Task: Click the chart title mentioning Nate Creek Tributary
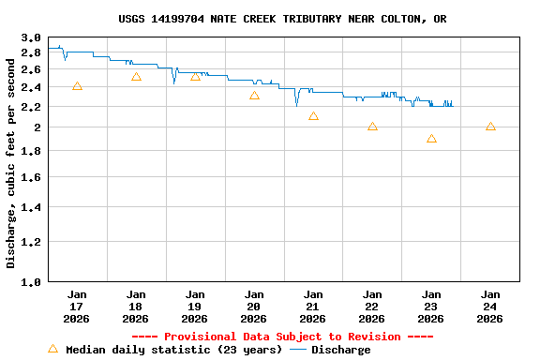(282, 19)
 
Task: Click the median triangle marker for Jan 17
(77, 86)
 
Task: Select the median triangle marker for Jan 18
(136, 77)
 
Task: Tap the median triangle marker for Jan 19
(195, 76)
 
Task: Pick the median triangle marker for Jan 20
(254, 96)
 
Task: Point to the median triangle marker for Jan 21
(313, 116)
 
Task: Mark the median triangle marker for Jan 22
(372, 127)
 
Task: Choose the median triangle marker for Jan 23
(431, 139)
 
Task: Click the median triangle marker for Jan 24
(490, 127)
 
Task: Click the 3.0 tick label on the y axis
(31, 38)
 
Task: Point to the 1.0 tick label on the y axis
(31, 281)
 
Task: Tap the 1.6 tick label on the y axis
(31, 177)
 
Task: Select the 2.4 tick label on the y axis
(31, 87)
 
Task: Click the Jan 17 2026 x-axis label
(77, 306)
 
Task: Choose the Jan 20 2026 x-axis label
(254, 306)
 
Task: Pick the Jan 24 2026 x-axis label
(490, 306)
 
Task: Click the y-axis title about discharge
(11, 159)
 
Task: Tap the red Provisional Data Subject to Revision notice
(282, 337)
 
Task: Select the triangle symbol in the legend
(52, 349)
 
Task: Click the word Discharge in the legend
(340, 350)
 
